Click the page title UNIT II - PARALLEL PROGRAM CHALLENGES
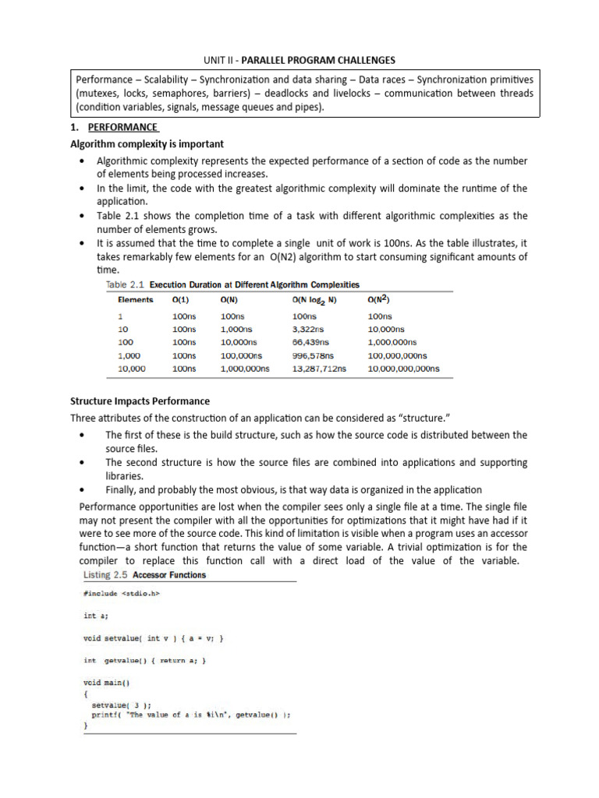[299, 60]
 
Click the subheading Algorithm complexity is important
[147, 144]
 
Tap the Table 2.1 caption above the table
[232, 284]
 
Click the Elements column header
[135, 300]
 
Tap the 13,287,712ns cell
[319, 368]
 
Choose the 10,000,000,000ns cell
[403, 368]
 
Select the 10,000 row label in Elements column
[131, 368]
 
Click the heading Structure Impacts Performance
[140, 401]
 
